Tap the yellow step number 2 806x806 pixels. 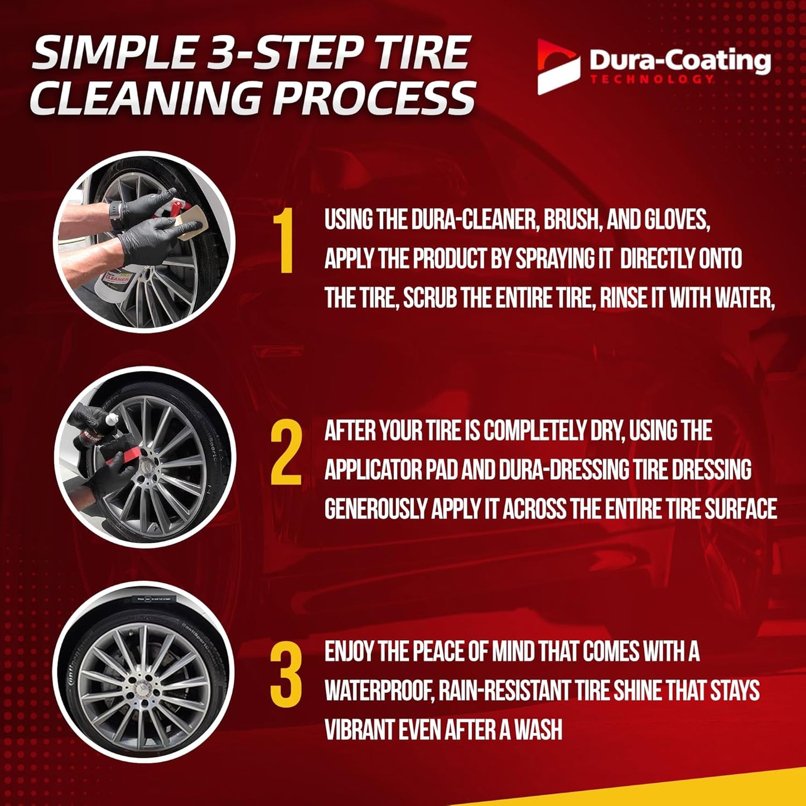pos(286,453)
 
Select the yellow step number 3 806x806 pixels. pos(286,674)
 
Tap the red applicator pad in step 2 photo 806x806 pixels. pos(115,462)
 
